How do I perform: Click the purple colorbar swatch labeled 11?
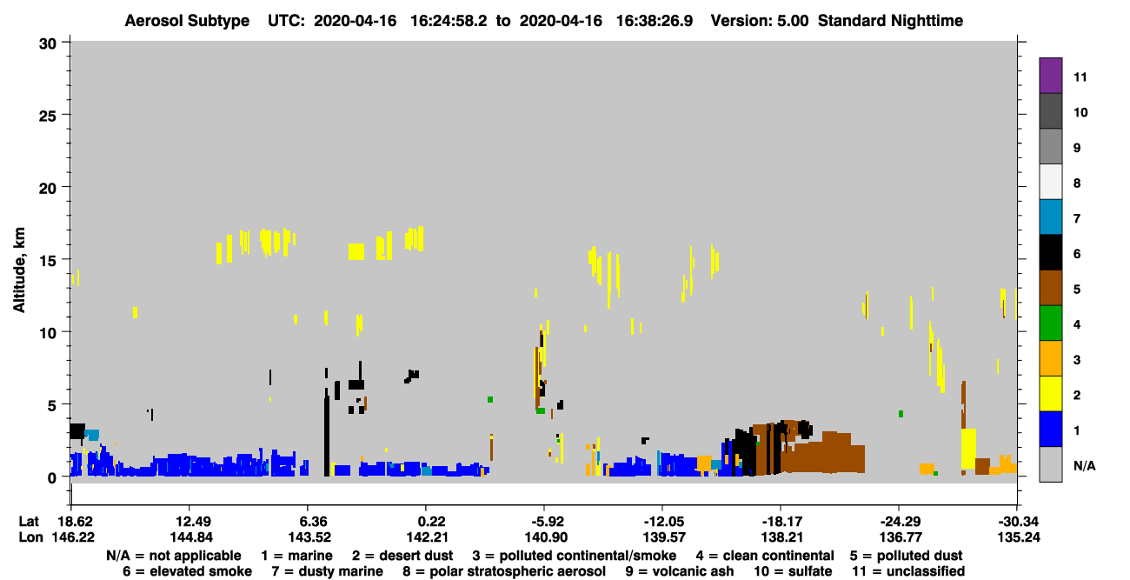1050,75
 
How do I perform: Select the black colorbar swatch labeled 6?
1050,252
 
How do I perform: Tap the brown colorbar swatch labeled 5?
1050,288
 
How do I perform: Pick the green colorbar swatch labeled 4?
1050,323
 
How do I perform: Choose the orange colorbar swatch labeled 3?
1050,358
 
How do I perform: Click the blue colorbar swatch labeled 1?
1050,429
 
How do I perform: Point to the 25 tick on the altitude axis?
66,115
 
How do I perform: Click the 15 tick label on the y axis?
48,261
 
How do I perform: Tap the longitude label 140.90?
546,537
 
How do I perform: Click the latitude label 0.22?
427,522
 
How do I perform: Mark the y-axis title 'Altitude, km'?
19,270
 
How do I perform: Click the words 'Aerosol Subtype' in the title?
187,21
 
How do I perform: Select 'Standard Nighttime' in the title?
890,21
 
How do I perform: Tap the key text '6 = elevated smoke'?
187,571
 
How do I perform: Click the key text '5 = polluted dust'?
906,556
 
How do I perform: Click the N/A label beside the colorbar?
1084,466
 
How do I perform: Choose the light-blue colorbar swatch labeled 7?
1050,217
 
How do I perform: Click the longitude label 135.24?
1019,537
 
